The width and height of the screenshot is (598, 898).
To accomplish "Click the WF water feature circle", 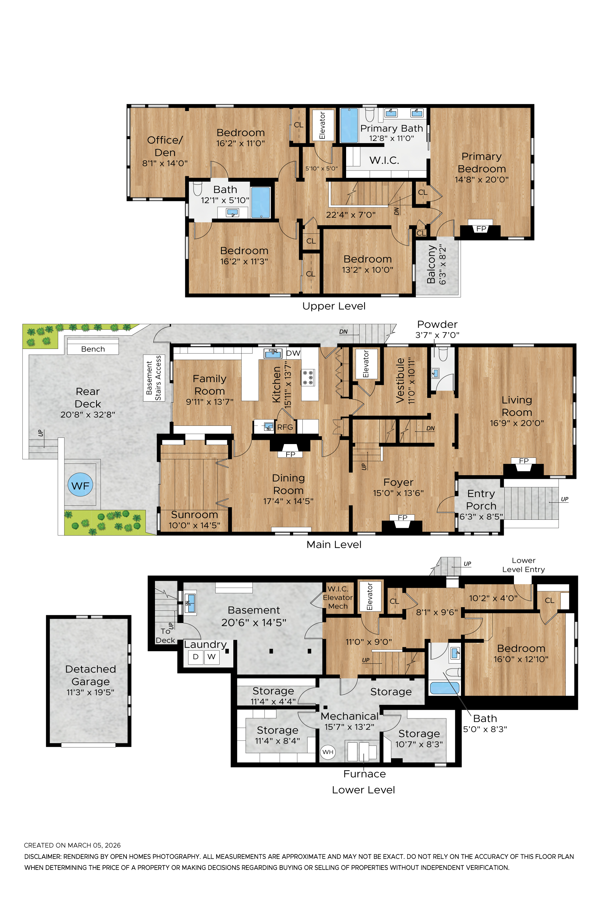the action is [x=80, y=485].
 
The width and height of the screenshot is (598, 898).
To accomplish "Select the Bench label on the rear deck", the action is [x=93, y=349].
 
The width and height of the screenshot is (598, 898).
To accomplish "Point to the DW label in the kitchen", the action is [x=293, y=353].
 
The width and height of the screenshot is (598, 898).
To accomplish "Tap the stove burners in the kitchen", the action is [x=308, y=377].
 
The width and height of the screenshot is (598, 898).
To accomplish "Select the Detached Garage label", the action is [x=90, y=675].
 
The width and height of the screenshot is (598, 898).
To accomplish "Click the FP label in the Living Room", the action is [x=524, y=461].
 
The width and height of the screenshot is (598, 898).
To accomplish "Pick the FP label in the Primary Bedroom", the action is [x=481, y=229].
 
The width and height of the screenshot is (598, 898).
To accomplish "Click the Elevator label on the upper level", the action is [x=322, y=125].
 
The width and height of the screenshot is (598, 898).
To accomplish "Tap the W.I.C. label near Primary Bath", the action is [x=384, y=160].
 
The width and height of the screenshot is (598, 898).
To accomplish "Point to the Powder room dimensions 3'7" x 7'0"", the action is [x=437, y=335].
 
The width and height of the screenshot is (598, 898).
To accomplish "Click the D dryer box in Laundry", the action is [x=196, y=657].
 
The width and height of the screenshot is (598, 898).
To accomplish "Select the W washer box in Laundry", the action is [x=212, y=657].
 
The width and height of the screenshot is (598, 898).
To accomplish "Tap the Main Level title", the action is [x=334, y=544].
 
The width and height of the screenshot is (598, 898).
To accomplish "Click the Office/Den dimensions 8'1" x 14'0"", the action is [x=165, y=163].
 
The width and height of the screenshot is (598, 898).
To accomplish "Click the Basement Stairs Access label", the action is [x=154, y=378].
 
